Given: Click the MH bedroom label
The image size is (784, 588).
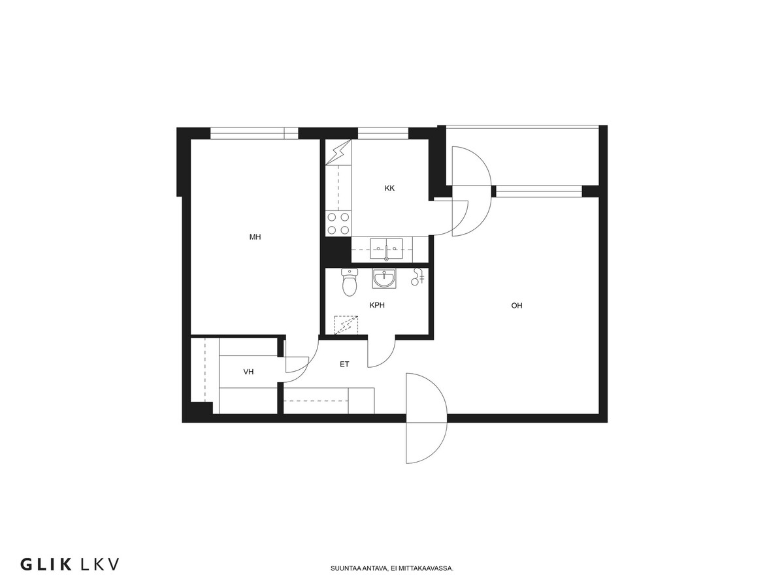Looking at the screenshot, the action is (x=255, y=237).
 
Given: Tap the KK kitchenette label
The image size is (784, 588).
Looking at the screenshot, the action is (x=389, y=188).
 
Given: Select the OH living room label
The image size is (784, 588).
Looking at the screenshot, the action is (x=517, y=305).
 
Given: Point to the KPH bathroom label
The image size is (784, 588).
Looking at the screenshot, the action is (x=377, y=305).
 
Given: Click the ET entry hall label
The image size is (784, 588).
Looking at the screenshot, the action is (x=344, y=364).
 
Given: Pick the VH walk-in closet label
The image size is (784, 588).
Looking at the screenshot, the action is (x=248, y=372).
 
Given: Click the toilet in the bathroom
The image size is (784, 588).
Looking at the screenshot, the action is (x=350, y=282).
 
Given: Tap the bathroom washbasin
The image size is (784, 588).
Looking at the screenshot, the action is (x=384, y=278).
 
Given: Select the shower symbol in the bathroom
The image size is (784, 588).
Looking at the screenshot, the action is (x=418, y=276).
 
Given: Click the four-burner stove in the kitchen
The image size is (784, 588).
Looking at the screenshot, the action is (x=338, y=223).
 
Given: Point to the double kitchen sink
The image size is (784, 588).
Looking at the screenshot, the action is (x=386, y=249).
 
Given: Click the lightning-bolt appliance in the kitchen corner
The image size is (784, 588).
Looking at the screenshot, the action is (x=338, y=152).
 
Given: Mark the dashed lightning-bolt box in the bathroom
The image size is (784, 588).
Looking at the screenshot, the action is (x=346, y=325).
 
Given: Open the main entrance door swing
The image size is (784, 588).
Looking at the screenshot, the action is (x=427, y=418).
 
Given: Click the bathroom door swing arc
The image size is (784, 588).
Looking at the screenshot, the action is (x=382, y=353).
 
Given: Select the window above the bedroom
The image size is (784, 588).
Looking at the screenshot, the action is (x=254, y=133).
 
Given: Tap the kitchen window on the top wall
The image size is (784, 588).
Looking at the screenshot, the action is (x=383, y=133).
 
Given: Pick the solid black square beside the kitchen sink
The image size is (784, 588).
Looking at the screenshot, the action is (x=336, y=250).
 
